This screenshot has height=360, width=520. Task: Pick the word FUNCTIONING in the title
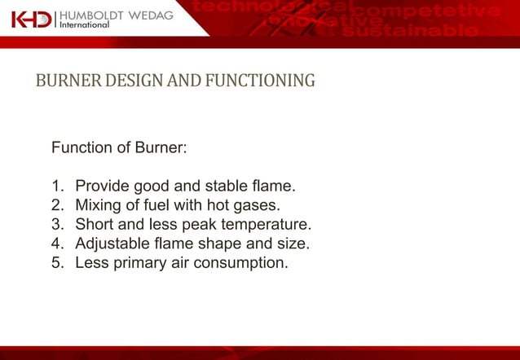[259, 81]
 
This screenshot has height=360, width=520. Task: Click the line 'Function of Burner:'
[119, 148]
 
